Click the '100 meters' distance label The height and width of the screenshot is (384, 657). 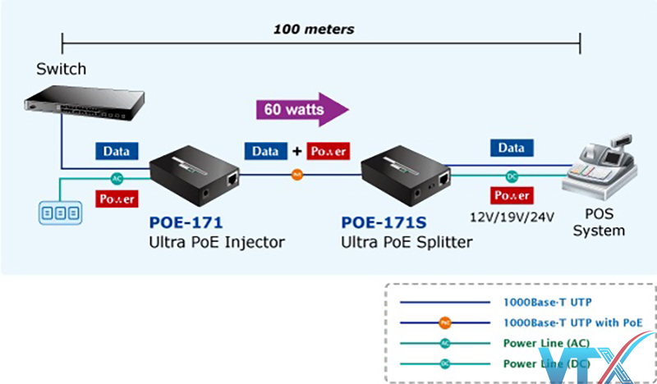[314, 30]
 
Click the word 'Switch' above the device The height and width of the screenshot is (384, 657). [61, 69]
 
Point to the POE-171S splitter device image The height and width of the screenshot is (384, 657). [407, 174]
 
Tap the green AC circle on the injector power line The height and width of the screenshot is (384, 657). [117, 178]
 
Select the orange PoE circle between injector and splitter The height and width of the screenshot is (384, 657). [298, 175]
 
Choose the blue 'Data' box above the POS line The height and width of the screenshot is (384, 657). [511, 149]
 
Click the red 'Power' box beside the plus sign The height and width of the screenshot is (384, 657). [328, 151]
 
